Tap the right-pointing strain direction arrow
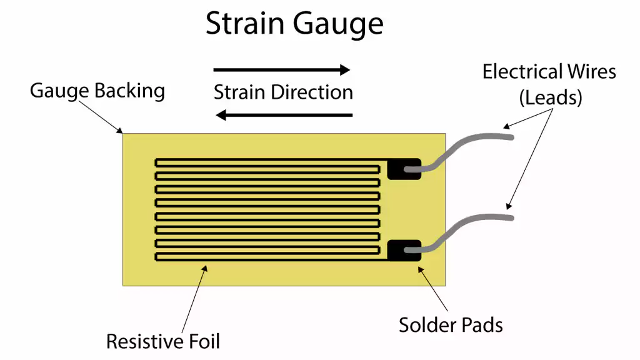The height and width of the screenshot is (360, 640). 282,70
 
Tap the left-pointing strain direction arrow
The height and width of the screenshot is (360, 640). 284,115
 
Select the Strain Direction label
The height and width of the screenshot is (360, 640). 283,92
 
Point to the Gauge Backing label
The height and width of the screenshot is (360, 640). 97,91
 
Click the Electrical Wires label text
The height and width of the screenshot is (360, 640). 549,72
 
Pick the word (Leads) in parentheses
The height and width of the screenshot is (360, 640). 549,97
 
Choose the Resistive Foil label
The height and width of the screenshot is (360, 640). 163,341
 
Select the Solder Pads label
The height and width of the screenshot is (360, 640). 451,324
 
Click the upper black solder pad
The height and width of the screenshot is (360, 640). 400,169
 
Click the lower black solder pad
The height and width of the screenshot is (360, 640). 400,250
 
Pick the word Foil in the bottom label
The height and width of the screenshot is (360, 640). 204,341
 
